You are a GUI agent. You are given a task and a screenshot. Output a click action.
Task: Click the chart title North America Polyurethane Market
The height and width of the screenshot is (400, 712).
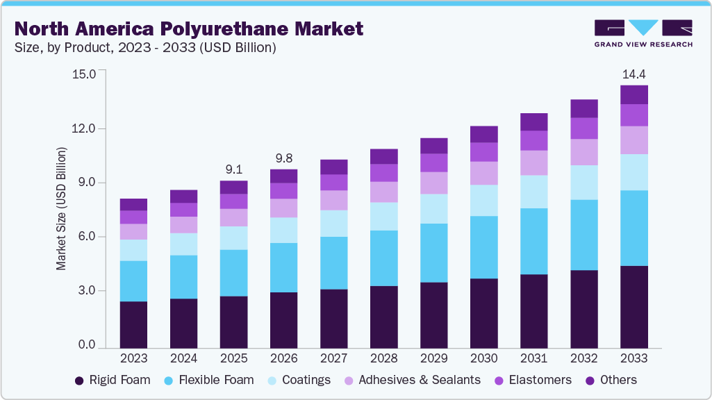(189, 28)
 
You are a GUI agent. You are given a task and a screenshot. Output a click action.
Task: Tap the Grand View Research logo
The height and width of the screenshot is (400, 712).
(643, 33)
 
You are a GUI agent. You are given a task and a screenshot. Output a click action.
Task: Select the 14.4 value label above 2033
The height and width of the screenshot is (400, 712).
(634, 74)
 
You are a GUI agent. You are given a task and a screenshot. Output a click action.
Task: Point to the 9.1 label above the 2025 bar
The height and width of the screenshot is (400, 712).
(233, 169)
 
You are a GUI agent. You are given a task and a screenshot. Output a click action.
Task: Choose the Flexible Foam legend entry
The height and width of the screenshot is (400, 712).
(208, 380)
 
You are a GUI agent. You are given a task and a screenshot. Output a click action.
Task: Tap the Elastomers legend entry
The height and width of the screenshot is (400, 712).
(531, 380)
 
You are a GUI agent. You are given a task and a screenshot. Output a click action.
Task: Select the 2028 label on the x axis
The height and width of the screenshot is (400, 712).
(383, 358)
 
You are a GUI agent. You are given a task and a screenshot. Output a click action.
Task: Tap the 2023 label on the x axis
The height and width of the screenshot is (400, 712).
(133, 358)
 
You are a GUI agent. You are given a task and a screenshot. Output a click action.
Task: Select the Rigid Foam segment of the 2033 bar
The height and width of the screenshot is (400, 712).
(634, 306)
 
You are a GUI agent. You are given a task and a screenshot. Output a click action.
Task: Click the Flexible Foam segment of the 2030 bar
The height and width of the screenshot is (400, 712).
(483, 247)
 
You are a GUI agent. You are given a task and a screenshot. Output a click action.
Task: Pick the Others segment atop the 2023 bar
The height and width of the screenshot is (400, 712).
(133, 204)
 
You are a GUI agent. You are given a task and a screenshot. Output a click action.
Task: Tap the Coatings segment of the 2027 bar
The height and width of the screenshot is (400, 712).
(333, 223)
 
